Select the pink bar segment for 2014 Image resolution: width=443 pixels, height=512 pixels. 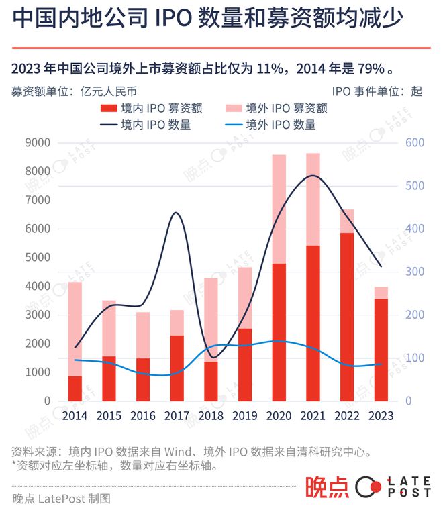click(75, 329)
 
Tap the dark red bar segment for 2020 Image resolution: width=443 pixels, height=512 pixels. click(279, 332)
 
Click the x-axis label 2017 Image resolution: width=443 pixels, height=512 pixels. click(177, 415)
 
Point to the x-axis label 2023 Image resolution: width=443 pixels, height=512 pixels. click(381, 415)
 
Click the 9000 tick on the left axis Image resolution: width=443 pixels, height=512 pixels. click(38, 142)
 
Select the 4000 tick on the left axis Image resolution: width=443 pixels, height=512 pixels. click(38, 286)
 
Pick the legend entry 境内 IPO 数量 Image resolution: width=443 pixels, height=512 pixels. click(156, 124)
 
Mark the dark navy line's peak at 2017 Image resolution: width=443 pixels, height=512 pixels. click(176, 213)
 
